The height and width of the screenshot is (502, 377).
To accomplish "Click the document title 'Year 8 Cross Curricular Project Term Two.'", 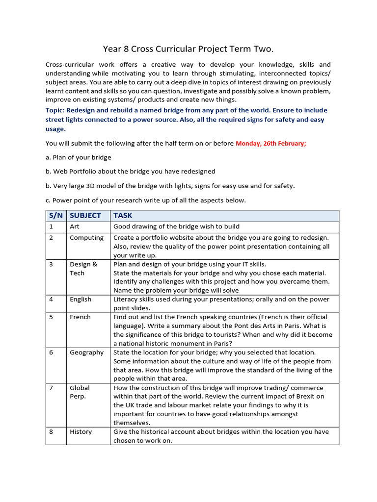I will [x=188, y=49].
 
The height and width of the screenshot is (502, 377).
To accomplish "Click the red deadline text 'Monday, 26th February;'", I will [x=271, y=144].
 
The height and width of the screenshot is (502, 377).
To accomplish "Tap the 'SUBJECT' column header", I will [x=85, y=215].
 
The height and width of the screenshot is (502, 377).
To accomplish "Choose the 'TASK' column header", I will [x=123, y=215].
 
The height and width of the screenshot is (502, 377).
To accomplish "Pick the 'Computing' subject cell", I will [x=86, y=238].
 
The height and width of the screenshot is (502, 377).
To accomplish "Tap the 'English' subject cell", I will [x=81, y=299].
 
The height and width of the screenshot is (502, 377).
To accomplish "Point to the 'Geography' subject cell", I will [x=87, y=352].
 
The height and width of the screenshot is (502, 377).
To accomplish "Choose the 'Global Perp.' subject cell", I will [x=80, y=392].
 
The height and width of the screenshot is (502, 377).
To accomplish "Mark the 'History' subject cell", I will [x=81, y=432].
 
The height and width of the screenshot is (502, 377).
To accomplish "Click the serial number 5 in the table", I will [x=51, y=317].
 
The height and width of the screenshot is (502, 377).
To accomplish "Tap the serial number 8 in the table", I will [x=51, y=432].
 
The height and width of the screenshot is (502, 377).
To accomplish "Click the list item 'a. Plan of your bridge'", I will [x=79, y=157].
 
